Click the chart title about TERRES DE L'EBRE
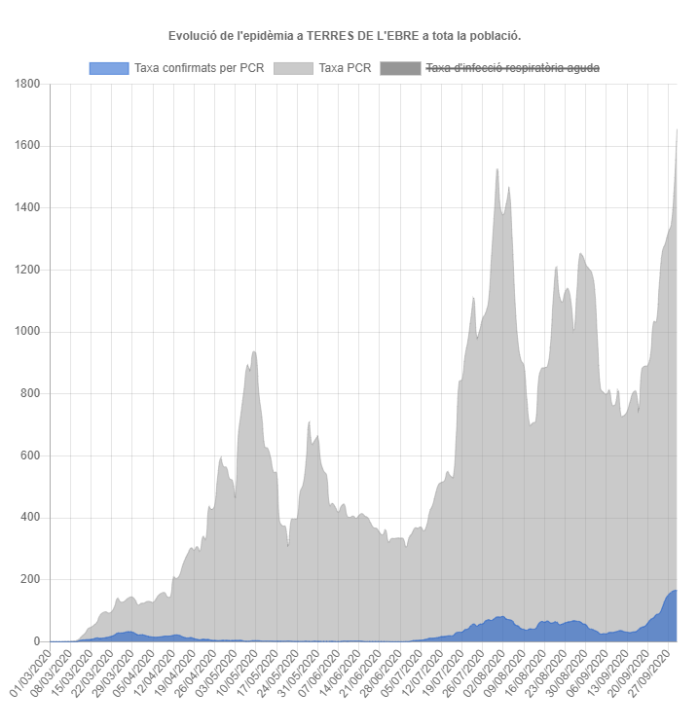pos(345,36)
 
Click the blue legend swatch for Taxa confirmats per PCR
pos(108,68)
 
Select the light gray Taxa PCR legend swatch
pos(293,68)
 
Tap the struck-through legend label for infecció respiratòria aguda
pos(512,68)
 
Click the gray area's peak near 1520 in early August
pos(497,169)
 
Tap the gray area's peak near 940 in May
pos(253,352)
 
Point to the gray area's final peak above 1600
pos(677,129)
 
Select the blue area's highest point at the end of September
pos(675,591)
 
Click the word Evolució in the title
pos(191,36)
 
